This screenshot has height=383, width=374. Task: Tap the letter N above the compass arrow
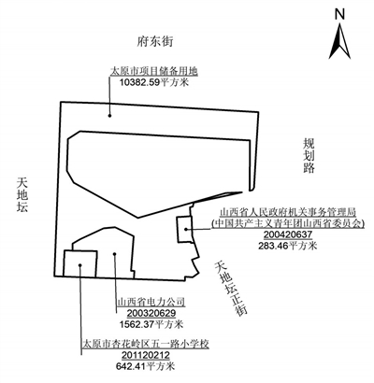click(x=339, y=14)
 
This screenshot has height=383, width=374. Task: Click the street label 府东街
click(x=155, y=41)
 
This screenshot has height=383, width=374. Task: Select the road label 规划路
click(x=309, y=155)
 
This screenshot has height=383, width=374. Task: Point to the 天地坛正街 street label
click(x=231, y=289)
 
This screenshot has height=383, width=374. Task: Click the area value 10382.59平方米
click(x=154, y=82)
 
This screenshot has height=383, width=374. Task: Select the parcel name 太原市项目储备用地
click(x=154, y=71)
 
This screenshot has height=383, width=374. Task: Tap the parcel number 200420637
click(x=288, y=234)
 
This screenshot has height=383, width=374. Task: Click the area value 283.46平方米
click(x=288, y=246)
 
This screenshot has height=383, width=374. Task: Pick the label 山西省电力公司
click(x=151, y=302)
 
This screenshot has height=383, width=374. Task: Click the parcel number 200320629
click(x=151, y=313)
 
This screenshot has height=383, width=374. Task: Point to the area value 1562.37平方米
click(x=151, y=324)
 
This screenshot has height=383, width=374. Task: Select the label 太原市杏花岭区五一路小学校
click(x=145, y=344)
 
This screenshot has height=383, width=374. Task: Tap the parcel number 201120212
click(x=146, y=355)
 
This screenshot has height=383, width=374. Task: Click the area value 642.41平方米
click(x=146, y=366)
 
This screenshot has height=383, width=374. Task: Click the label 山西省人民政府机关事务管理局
click(x=288, y=213)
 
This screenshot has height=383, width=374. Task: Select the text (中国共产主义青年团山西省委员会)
click(x=288, y=223)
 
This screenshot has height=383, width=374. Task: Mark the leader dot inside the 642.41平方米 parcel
click(x=80, y=265)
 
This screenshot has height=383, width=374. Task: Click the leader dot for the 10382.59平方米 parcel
click(x=109, y=116)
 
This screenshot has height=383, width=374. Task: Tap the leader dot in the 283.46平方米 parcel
click(x=185, y=229)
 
